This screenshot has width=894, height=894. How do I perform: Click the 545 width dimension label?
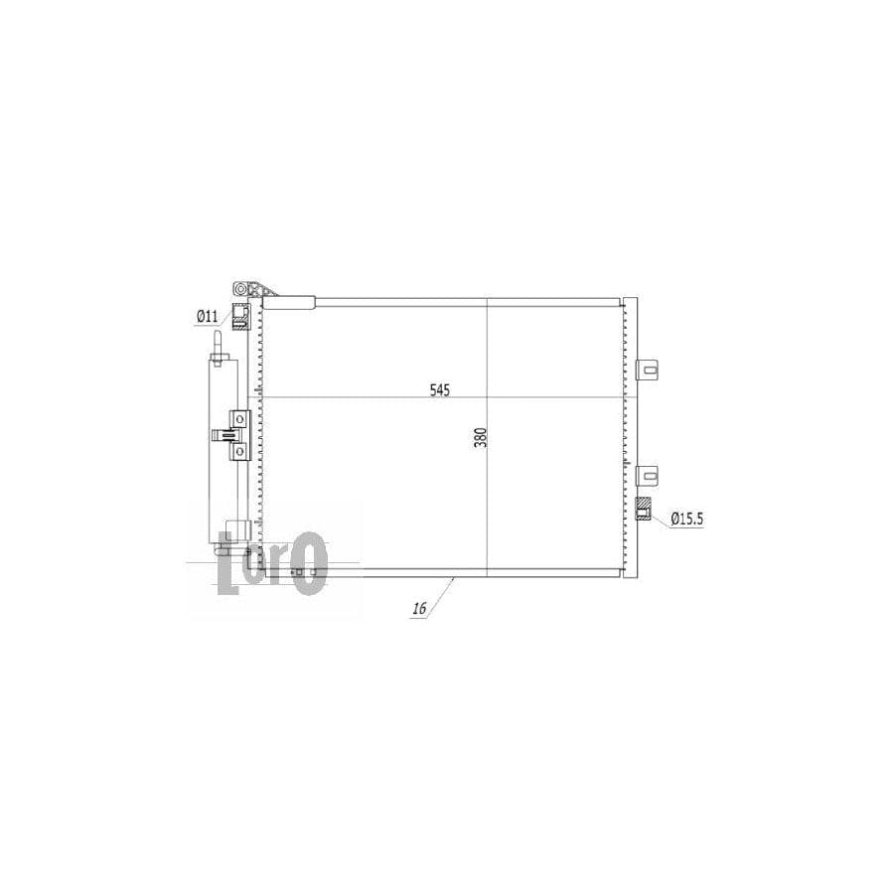coord(439,390)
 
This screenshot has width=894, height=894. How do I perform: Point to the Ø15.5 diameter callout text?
coord(686,518)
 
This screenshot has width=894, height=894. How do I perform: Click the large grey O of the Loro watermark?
coord(312,562)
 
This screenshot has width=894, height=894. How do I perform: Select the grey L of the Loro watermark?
coord(227,563)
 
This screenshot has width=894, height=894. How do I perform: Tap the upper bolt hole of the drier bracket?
coord(238,418)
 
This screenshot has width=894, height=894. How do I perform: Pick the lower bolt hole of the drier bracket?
coord(238,452)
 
